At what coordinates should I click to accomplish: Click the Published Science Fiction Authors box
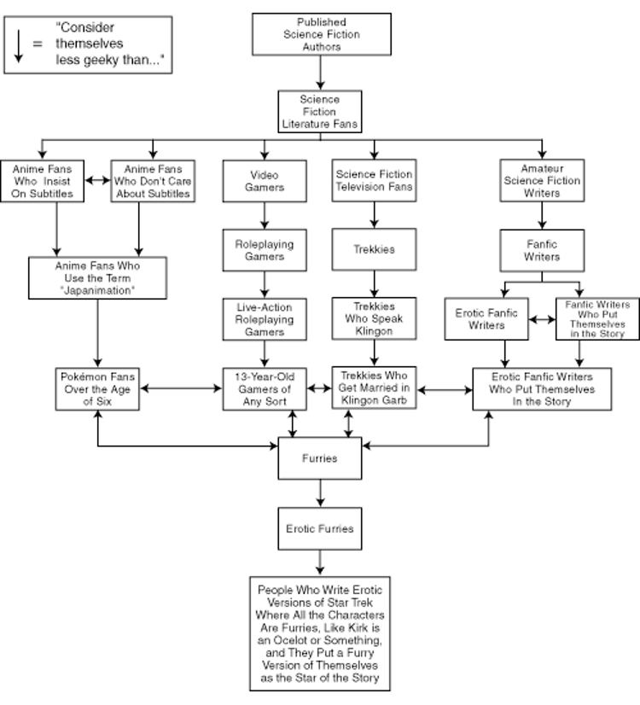[x=322, y=34]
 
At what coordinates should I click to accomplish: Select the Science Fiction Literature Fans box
[x=319, y=112]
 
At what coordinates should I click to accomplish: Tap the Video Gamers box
[x=265, y=181]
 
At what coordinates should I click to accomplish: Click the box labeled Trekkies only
[x=374, y=249]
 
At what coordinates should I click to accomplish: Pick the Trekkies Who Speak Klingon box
[x=374, y=318]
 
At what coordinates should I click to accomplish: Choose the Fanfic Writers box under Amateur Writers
[x=542, y=250]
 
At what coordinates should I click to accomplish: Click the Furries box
[x=319, y=458]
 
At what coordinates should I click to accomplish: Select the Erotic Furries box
[x=319, y=529]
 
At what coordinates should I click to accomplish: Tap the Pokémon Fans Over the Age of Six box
[x=97, y=389]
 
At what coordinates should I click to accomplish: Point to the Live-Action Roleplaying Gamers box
[x=265, y=319]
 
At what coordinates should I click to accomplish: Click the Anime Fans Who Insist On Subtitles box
[x=42, y=181]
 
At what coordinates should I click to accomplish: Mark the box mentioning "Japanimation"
[x=97, y=278]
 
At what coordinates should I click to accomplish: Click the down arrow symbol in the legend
[x=19, y=46]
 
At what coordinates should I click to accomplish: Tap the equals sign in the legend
[x=38, y=44]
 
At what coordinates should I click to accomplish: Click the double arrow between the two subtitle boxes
[x=97, y=180]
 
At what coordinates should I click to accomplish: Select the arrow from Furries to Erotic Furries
[x=320, y=493]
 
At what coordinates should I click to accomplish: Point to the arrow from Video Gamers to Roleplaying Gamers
[x=265, y=216]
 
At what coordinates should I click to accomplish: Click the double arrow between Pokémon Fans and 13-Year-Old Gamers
[x=181, y=388]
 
